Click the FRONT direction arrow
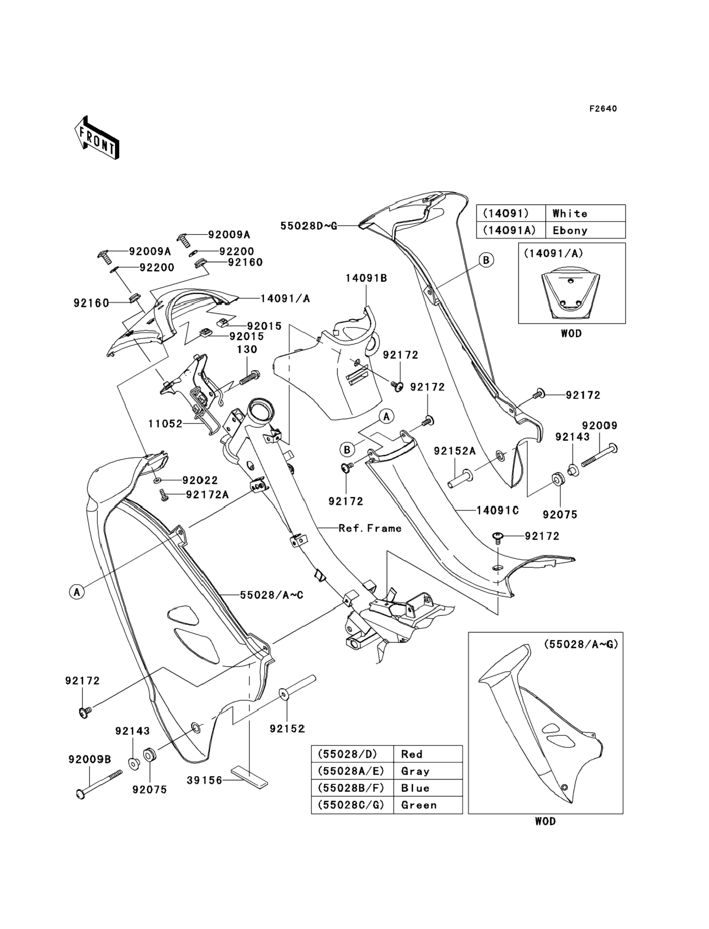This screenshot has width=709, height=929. click(97, 138)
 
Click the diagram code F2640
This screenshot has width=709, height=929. click(603, 109)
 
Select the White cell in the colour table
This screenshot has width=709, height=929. click(585, 213)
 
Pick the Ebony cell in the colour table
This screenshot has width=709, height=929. click(585, 230)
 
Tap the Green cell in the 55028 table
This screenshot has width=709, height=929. click(428, 805)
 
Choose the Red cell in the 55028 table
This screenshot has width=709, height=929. click(428, 754)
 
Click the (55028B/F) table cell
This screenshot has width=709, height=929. click(353, 788)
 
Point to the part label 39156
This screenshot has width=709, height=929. click(204, 780)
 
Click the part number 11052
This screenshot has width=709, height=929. click(165, 424)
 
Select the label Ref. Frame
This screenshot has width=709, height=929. click(370, 528)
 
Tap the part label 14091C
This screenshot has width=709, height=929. click(498, 510)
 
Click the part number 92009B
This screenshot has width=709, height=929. click(90, 759)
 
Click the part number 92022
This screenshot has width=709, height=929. click(200, 480)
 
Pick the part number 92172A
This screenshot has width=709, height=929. click(207, 494)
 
